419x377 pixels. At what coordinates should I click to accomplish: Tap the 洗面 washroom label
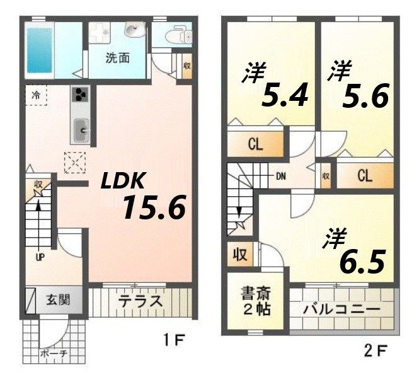click(117, 59)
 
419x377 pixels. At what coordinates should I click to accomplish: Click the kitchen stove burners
click(82, 95)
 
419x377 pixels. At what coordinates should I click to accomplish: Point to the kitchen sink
click(82, 131)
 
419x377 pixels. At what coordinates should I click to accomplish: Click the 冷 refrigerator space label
click(37, 96)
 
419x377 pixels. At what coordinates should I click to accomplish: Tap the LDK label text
click(125, 182)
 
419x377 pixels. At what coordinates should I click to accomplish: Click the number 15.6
click(154, 207)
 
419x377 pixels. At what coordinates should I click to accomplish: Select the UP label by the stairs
click(39, 257)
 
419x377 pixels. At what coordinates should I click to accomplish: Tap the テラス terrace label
click(140, 301)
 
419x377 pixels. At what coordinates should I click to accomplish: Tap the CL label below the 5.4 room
click(255, 144)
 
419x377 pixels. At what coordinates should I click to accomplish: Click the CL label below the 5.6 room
click(365, 176)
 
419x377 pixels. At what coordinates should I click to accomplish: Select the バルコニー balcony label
click(341, 310)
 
